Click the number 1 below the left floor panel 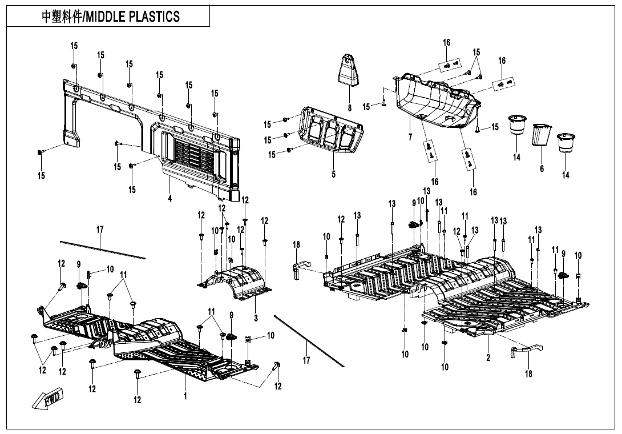pos(185,396)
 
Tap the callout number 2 pos(488,357)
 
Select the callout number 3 pos(256,318)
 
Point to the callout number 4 pos(170,198)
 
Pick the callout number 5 pos(334,174)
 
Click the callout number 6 pos(542,169)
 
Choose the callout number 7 pos(410,137)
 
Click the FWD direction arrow pos(47,400)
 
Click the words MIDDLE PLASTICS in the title pos(132,17)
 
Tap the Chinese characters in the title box pos(62,17)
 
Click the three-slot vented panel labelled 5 pos(331,130)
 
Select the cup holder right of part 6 pos(566,143)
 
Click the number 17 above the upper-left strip pos(99,230)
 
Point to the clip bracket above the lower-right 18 pos(526,349)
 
